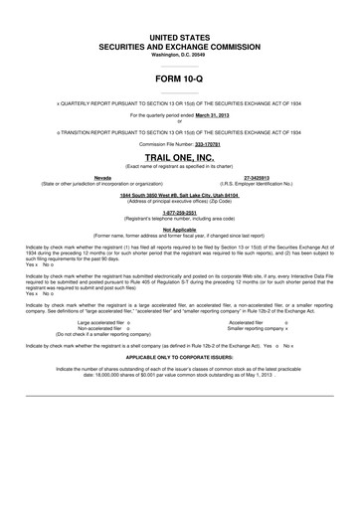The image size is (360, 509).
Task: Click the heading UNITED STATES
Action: [180, 36]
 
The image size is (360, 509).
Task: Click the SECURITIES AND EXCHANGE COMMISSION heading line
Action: [180, 46]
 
